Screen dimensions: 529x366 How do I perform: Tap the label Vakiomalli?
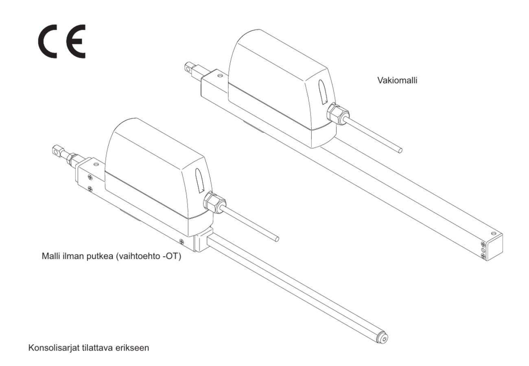[398, 81]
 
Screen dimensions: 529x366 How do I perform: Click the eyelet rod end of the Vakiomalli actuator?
[189, 68]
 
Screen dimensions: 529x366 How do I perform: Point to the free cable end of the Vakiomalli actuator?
[400, 150]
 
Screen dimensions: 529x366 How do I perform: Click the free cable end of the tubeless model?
[277, 239]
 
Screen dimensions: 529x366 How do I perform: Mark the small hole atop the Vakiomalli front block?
[220, 76]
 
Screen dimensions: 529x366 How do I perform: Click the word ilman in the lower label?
[73, 256]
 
